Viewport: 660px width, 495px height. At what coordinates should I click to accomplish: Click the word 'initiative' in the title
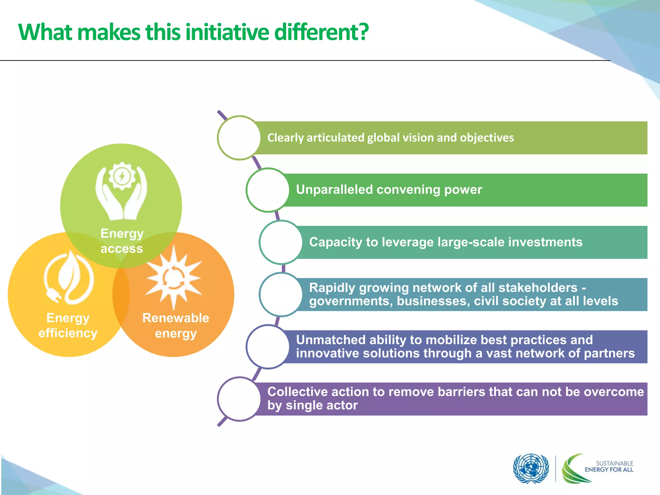[227, 32]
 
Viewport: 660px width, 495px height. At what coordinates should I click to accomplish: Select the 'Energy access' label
[121, 241]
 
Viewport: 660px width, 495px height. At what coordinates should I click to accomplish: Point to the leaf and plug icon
[69, 277]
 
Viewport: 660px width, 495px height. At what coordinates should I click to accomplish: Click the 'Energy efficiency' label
[68, 325]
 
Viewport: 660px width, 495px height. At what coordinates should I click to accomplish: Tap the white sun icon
[174, 277]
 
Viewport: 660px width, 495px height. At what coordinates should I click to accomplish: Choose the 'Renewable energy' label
[176, 325]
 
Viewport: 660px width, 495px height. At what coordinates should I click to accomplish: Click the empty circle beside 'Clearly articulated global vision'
[239, 138]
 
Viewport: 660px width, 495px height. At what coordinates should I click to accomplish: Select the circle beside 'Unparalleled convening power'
[267, 190]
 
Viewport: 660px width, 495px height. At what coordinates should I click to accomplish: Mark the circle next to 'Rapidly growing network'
[281, 294]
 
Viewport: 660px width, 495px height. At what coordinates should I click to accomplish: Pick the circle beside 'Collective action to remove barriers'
[239, 399]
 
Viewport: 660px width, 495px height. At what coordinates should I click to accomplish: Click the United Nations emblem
[531, 469]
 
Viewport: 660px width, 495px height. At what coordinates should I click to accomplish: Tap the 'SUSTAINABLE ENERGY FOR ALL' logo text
[609, 466]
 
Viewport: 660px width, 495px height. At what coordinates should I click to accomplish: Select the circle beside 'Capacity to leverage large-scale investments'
[281, 242]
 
